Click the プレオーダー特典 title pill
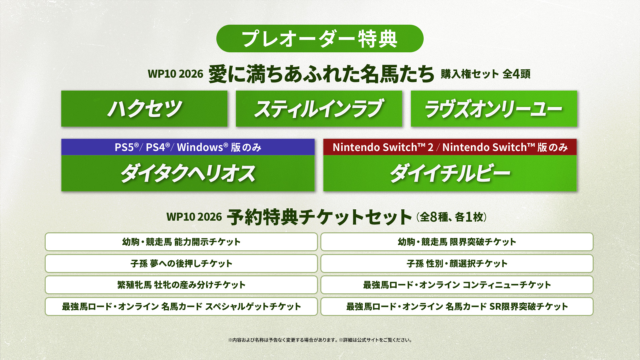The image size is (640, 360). coord(320,38)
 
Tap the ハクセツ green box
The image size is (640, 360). coord(144,109)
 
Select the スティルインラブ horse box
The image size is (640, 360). coord(319,109)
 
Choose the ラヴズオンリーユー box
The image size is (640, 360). coord(494,109)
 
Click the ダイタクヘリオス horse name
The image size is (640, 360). coord(188,173)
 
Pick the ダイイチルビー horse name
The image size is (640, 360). coord(450,173)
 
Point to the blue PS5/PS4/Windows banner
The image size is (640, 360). coord(188,147)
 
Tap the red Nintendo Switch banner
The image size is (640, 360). coord(450,147)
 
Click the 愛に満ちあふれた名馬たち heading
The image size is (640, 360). coord(321,74)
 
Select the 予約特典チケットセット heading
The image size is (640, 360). coord(319,217)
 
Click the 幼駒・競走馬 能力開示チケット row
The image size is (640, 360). coord(181,242)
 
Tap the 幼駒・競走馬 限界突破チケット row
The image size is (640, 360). coord(457,242)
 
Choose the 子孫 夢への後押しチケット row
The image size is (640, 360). coord(181,263)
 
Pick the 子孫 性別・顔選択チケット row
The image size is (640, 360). coord(457,263)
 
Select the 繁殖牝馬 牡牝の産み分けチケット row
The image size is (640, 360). coord(181,285)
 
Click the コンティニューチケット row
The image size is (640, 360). coord(457,285)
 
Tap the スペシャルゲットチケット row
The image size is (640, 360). coord(181,306)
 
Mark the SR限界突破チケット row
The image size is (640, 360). coord(457,306)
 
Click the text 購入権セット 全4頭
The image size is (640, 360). coord(485,74)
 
